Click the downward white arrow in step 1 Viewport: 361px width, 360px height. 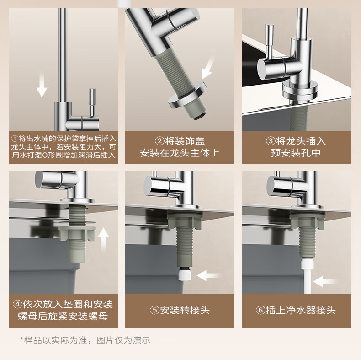click(42, 85)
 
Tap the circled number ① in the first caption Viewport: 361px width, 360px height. click(15, 139)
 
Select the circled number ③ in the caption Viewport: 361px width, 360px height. click(271, 141)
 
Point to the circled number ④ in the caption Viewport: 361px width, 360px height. click(17, 305)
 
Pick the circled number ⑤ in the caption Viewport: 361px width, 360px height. click(155, 310)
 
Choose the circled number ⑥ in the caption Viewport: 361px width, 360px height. click(260, 310)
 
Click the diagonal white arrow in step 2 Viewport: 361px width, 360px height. click(208, 68)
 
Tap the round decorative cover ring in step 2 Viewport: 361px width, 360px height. click(187, 95)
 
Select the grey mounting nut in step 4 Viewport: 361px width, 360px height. click(77, 233)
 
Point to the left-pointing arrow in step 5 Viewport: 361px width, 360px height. click(208, 275)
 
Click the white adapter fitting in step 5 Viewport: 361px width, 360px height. click(184, 275)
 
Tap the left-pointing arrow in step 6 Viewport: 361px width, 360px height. click(324, 281)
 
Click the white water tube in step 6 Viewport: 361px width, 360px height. click(307, 277)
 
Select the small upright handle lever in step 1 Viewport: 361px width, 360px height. click(92, 102)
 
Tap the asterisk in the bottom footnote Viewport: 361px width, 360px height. click(22, 339)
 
